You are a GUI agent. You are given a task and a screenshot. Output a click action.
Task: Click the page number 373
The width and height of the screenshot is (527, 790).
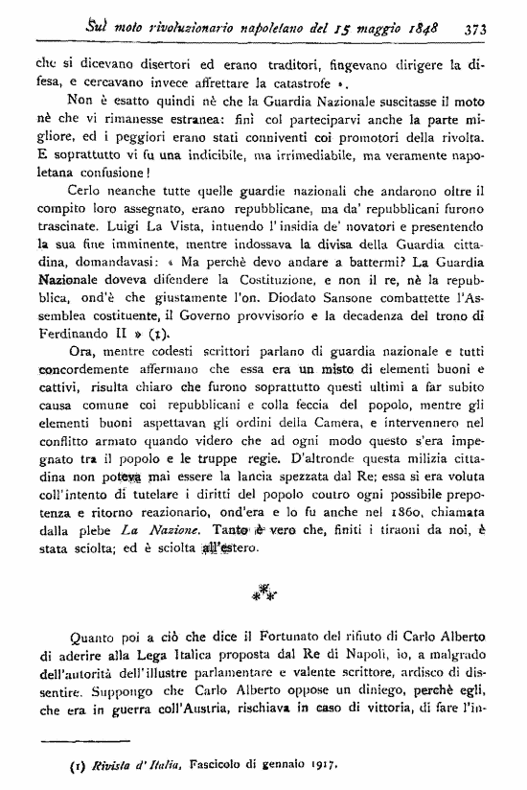[476, 29]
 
